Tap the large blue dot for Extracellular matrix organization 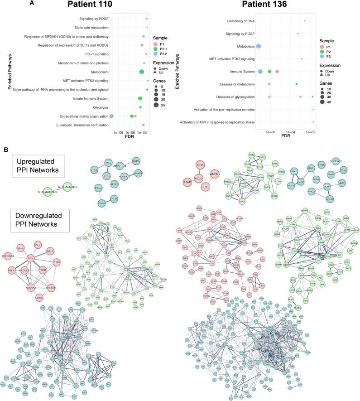coord(111,116)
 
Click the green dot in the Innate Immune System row coord(140,98)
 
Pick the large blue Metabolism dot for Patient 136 coord(259,46)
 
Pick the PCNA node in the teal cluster coord(99,188)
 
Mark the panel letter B coord(6,149)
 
